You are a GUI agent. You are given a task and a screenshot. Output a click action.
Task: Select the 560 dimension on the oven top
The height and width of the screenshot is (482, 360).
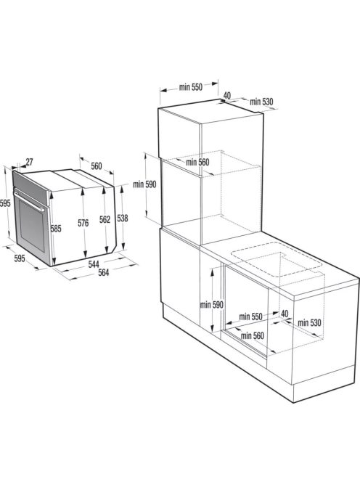point(97,166)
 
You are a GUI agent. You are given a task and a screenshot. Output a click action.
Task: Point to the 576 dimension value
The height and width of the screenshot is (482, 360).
point(83,224)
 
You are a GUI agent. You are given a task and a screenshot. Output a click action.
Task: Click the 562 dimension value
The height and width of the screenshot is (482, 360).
point(105,220)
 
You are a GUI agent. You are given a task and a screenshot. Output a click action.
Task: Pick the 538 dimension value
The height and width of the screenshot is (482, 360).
point(123,218)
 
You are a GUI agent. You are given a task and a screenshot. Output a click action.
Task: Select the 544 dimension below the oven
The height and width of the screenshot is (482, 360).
point(94,264)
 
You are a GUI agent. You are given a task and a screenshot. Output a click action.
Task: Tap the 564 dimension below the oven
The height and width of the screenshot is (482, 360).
point(104,273)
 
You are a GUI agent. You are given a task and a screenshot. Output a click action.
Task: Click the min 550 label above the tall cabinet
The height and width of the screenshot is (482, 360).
point(190,88)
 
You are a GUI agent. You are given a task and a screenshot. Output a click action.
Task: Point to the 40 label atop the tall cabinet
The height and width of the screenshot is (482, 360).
point(227,95)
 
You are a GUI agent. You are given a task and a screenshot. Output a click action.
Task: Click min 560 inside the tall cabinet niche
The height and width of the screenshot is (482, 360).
point(197,163)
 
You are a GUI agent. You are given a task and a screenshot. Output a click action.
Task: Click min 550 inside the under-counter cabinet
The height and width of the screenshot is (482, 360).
point(250,316)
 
